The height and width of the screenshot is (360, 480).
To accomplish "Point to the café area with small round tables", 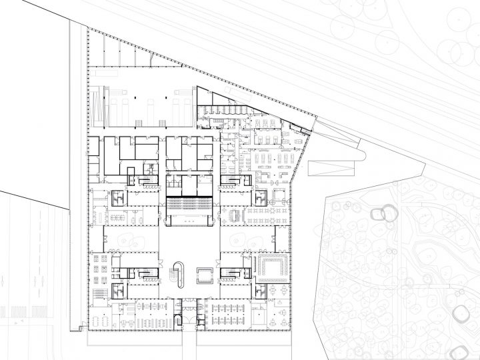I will click(267, 216).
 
